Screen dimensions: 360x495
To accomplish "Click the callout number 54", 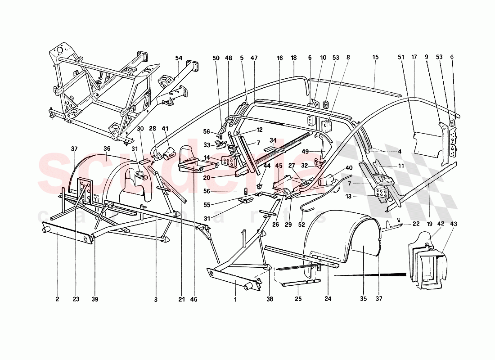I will click(179, 58).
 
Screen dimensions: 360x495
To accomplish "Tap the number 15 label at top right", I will click(376, 58).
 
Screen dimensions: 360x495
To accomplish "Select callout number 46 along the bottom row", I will click(193, 299).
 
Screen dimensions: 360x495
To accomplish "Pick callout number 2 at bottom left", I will click(58, 299).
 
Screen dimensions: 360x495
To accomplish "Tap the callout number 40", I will click(349, 168).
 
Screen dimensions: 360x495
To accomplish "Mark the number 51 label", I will click(401, 58).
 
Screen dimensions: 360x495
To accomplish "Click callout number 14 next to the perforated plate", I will click(207, 157).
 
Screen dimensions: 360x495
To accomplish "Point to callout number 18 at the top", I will click(294, 58).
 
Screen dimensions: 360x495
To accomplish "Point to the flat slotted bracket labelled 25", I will click(301, 282).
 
